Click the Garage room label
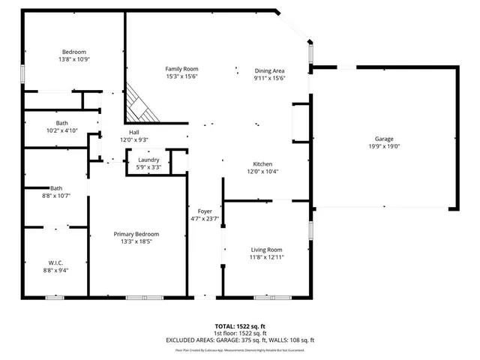tap(384, 139)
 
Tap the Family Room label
tap(181, 69)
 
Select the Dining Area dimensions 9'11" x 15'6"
tap(269, 79)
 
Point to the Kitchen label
tap(262, 164)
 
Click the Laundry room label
tap(148, 159)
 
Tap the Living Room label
tap(266, 249)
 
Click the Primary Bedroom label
tap(136, 234)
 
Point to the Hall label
tap(133, 132)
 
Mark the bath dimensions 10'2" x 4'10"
tap(61, 131)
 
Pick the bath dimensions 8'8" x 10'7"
tap(56, 196)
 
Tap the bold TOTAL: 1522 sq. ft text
tap(241, 326)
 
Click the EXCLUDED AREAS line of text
tap(241, 340)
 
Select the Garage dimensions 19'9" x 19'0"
tap(384, 146)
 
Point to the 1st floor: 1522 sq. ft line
tap(241, 333)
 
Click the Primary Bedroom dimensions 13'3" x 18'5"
tap(136, 241)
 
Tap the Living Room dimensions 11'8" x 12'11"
tap(266, 256)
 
